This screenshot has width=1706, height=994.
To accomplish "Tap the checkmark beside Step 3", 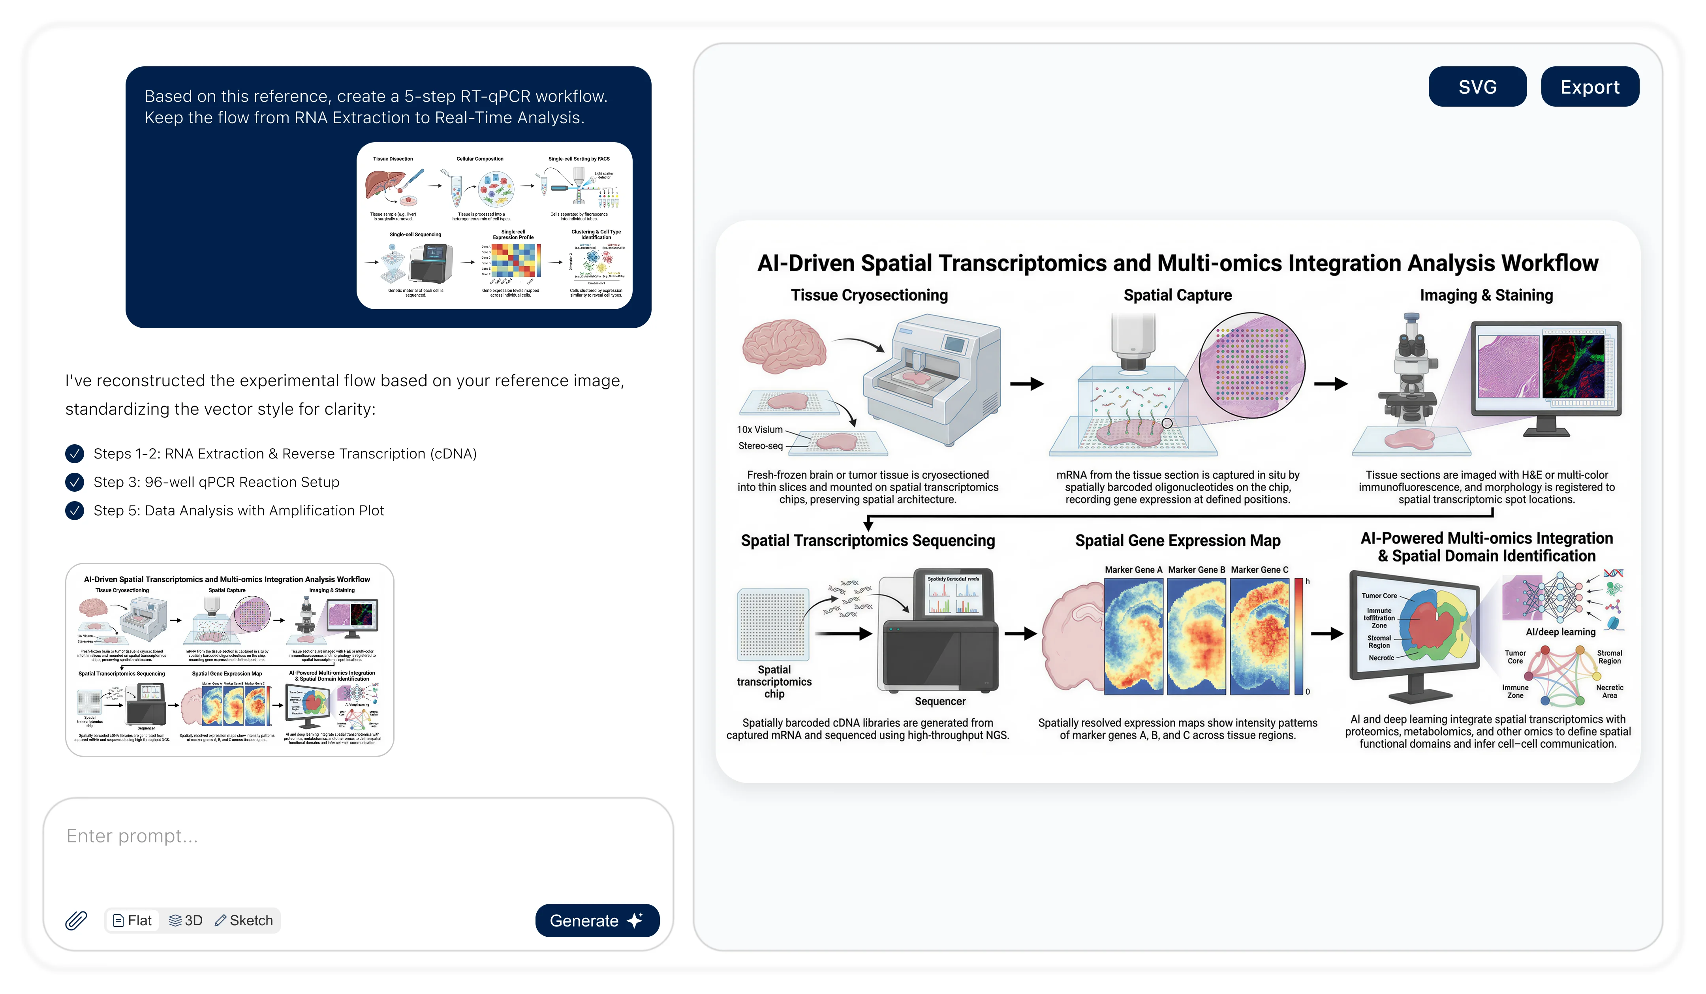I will pyautogui.click(x=75, y=482).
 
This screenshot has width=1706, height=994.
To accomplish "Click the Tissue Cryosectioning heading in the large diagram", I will pyautogui.click(x=869, y=295).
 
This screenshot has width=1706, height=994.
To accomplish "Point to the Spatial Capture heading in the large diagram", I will pyautogui.click(x=1177, y=295).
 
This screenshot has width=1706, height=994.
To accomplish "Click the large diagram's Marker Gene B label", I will pyautogui.click(x=1196, y=570).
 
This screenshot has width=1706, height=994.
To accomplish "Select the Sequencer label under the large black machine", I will pyautogui.click(x=939, y=701).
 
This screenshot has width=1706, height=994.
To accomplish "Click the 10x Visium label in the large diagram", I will pyautogui.click(x=759, y=430).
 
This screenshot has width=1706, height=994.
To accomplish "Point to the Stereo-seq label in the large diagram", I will pyautogui.click(x=760, y=446).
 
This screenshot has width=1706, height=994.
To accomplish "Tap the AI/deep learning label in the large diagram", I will pyautogui.click(x=1560, y=632).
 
